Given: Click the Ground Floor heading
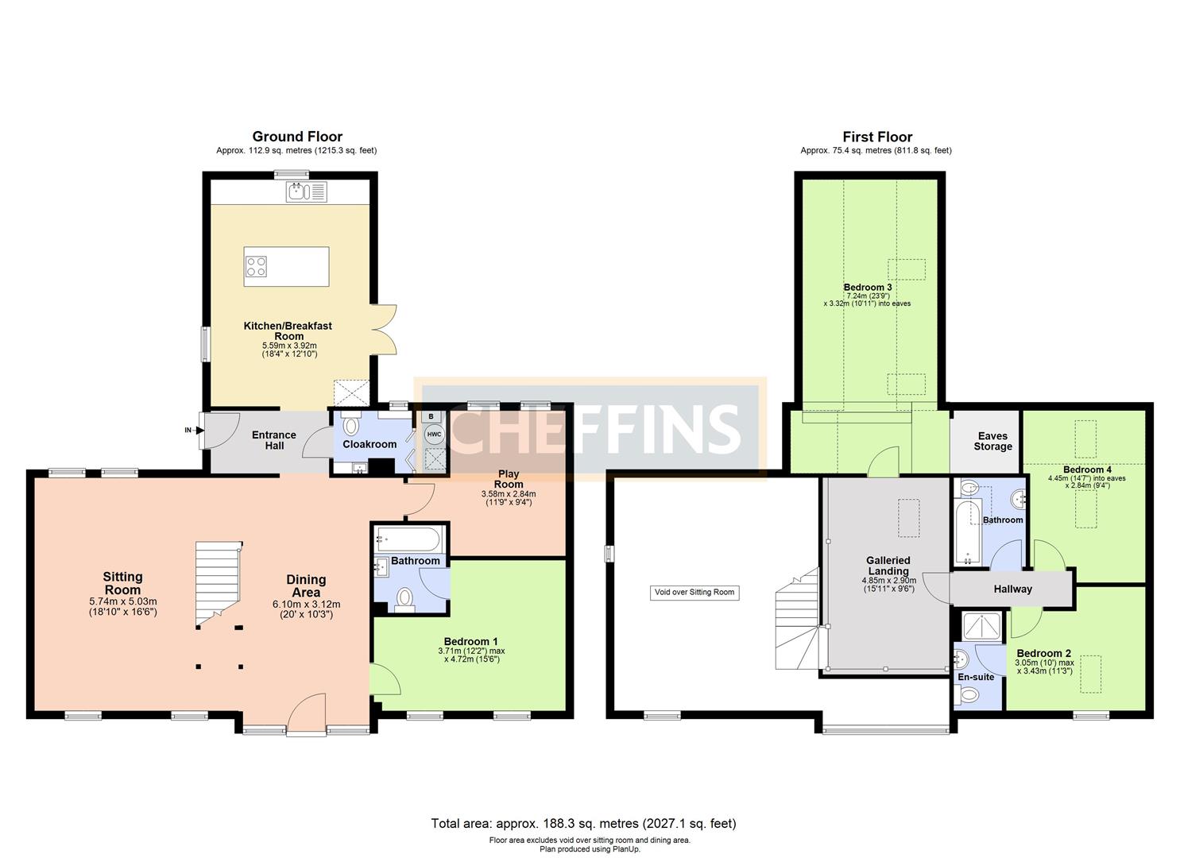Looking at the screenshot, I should [297, 137].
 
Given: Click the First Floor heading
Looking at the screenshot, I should [877, 137].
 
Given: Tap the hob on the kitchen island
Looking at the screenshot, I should [256, 266].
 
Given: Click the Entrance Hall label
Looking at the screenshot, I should [273, 440].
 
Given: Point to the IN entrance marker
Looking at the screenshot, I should [188, 430].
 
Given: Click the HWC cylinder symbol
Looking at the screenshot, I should [434, 435].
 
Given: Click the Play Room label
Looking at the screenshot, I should [509, 479].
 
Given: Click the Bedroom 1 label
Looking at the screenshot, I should [471, 641].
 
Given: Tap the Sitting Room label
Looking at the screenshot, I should [122, 583].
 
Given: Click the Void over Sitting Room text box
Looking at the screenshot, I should [694, 592].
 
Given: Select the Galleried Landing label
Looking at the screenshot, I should [888, 566].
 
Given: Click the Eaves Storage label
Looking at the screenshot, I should [992, 441].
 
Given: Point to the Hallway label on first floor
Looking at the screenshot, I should [1012, 589].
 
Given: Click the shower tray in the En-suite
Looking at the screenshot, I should [982, 627].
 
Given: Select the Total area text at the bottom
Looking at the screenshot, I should [583, 823].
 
